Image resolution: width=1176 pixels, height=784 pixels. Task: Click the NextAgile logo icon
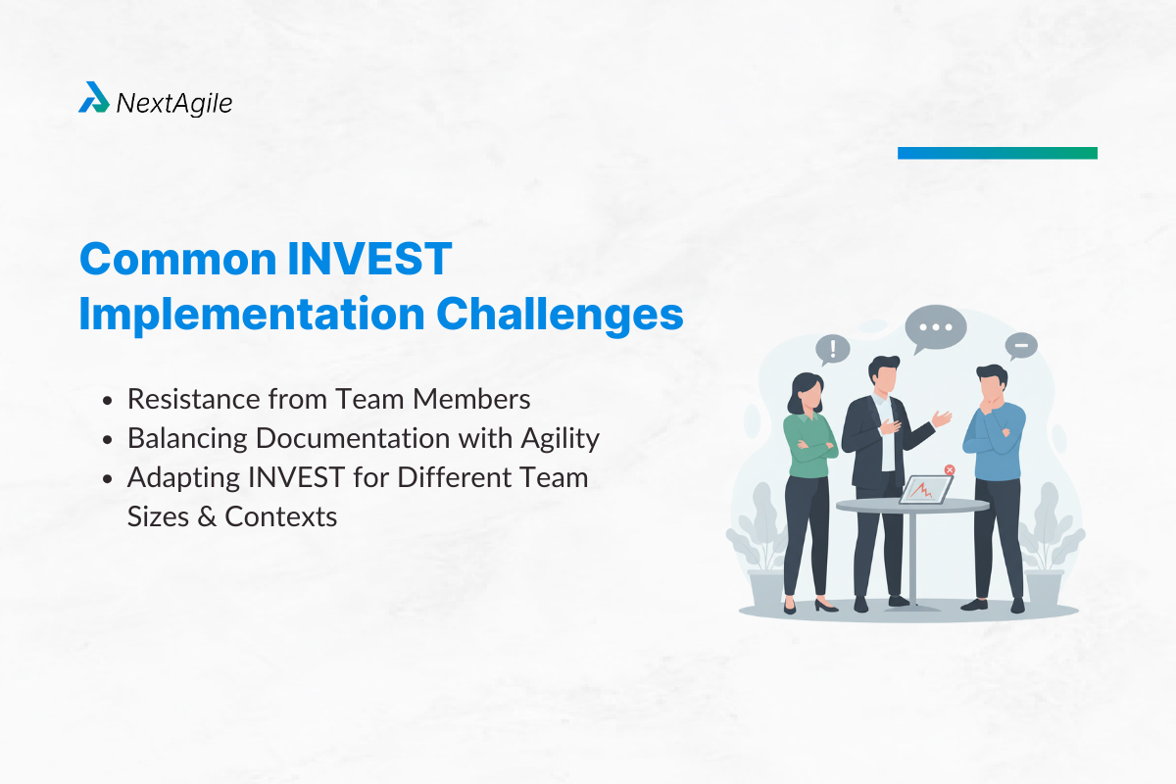point(94,98)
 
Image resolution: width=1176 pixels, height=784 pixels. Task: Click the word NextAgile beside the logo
point(174,102)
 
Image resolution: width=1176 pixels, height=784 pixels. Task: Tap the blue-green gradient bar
point(997,153)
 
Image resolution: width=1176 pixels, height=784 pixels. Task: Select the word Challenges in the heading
point(560,315)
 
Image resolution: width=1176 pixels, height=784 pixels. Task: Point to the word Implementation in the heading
point(251,315)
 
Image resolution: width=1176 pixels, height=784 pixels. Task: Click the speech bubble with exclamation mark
point(833,349)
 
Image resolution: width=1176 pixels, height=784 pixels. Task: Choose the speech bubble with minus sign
point(1020,346)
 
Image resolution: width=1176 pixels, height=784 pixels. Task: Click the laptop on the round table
point(924,488)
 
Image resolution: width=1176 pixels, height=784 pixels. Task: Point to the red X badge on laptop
point(949,470)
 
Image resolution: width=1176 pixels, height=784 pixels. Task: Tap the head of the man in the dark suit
point(883,373)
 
